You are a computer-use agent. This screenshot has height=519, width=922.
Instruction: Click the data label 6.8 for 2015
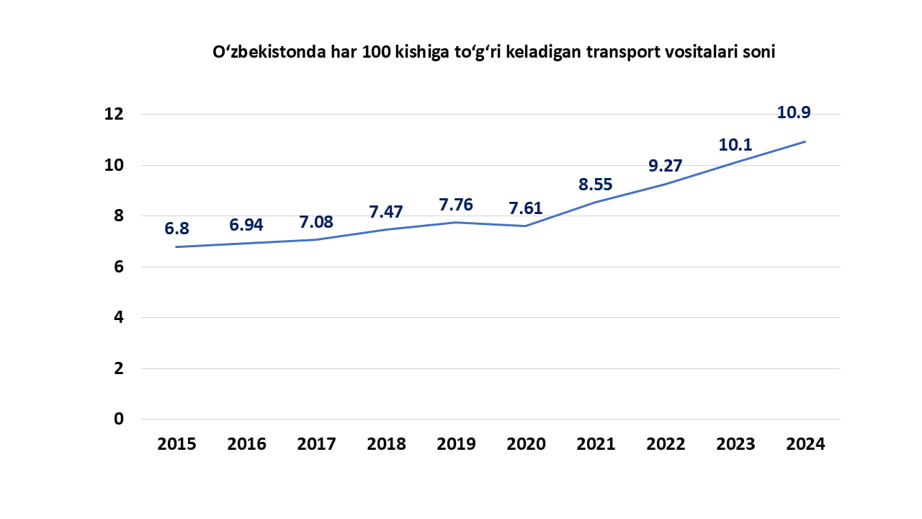coord(176,229)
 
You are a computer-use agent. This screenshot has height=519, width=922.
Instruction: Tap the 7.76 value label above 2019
coord(456,205)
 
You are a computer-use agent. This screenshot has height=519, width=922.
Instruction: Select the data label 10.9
coord(799,112)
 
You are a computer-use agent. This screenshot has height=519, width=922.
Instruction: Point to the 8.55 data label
coord(596,184)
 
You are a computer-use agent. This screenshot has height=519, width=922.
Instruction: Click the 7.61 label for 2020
coord(526,208)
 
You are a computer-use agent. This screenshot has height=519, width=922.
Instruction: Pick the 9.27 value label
coord(665,165)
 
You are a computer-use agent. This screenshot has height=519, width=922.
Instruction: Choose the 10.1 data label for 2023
coord(735,145)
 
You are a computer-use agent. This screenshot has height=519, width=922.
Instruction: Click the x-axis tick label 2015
coord(176,444)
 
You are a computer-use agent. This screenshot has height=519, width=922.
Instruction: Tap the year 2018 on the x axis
coord(386,444)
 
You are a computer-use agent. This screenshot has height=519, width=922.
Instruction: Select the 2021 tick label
coord(596,444)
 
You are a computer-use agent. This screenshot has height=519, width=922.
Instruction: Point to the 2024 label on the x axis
coord(805,444)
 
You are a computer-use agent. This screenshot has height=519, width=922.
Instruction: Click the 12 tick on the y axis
coord(115,114)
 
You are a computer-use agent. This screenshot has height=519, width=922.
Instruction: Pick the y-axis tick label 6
coord(119,267)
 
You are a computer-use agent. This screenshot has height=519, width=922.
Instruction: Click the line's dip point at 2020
coord(526,226)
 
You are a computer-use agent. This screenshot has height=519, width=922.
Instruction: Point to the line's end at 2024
coord(805,141)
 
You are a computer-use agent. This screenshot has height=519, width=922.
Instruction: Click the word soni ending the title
coord(758,53)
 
